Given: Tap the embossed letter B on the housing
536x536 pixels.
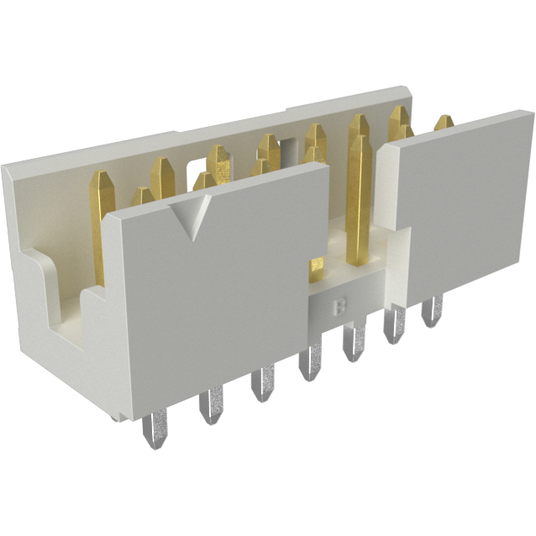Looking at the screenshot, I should pos(340,307).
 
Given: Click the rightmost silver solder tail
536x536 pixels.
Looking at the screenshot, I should pos(432,313).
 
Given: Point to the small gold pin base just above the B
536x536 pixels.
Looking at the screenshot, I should pos(318,268).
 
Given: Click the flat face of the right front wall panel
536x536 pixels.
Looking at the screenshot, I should pos(458,206).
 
